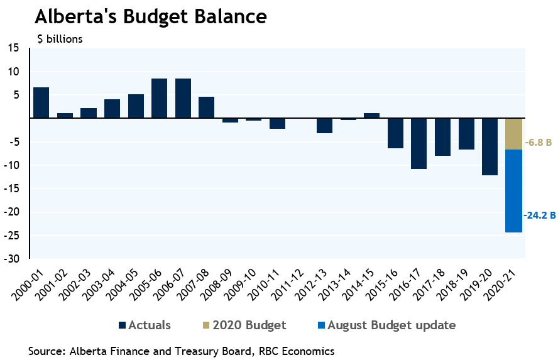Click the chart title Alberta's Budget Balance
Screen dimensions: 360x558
(x=150, y=16)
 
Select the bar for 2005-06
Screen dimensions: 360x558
(x=159, y=98)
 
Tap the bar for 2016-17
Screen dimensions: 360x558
(x=419, y=143)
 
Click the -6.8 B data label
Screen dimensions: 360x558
(x=538, y=143)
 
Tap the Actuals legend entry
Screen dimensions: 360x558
(x=144, y=325)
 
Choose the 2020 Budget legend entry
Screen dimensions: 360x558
(x=243, y=325)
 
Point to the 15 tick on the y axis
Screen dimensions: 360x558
(x=14, y=48)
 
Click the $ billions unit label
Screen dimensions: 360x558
(x=60, y=39)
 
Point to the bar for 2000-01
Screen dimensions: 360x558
(x=41, y=102)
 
